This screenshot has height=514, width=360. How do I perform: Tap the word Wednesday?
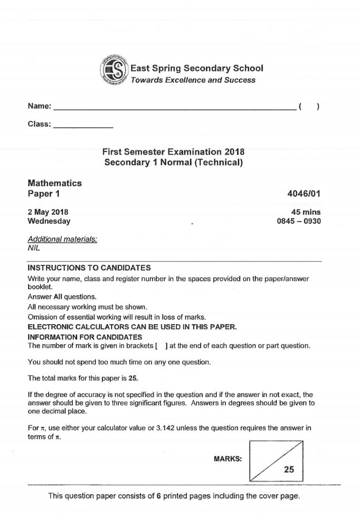[49, 221]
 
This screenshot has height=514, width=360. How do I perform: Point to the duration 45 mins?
[306, 212]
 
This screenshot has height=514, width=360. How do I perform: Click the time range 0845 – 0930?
[299, 221]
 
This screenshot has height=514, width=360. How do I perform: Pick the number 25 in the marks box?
[289, 470]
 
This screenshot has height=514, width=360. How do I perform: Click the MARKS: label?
[228, 459]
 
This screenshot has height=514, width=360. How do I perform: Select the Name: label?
[39, 107]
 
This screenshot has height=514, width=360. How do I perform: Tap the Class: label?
[39, 124]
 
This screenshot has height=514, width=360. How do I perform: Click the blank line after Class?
[83, 127]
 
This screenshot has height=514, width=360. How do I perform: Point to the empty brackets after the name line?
[309, 107]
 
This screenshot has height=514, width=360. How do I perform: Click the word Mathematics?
[55, 183]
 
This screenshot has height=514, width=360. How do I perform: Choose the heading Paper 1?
[44, 194]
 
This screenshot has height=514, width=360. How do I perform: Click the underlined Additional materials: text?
[62, 239]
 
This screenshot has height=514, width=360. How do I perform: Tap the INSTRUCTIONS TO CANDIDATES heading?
[89, 268]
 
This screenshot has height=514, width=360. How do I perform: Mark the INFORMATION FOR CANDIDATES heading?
[85, 337]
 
